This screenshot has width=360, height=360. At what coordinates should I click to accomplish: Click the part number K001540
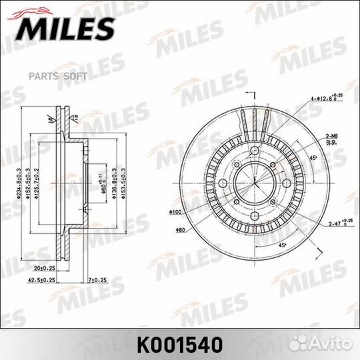click(x=180, y=345)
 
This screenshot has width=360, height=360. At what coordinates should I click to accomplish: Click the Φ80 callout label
click(x=180, y=231)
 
